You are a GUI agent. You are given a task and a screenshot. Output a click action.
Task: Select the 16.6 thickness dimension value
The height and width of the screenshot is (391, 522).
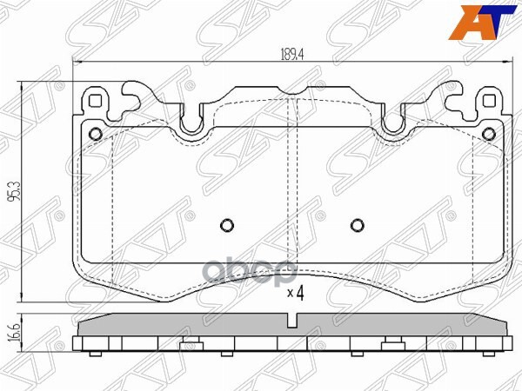[x=11, y=334]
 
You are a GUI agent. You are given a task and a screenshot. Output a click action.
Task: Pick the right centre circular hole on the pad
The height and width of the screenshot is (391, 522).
[x=356, y=225]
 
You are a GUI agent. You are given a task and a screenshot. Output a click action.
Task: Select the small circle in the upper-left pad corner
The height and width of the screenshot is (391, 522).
[x=96, y=134]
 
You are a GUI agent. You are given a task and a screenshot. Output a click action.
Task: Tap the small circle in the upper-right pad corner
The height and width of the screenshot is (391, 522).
[x=488, y=134]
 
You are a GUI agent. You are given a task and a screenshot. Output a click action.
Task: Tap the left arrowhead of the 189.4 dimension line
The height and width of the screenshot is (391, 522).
[x=76, y=63]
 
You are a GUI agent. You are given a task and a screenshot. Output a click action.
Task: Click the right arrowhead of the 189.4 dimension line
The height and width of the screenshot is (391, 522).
[x=506, y=63]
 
